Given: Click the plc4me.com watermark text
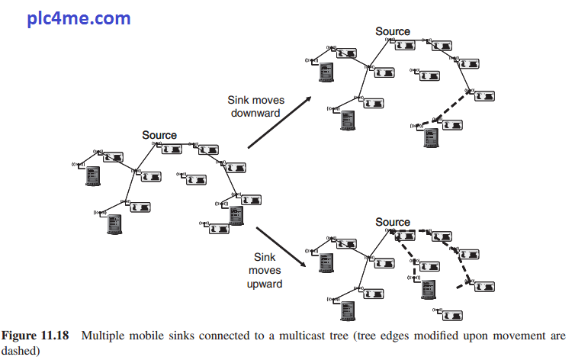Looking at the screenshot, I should (79, 18).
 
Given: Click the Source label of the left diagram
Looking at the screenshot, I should (159, 135).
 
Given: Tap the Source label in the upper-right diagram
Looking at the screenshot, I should (393, 31).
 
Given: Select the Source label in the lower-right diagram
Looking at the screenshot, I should (393, 222).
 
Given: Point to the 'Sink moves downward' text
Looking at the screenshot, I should (255, 106).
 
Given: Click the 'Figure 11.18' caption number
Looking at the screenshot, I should (38, 336).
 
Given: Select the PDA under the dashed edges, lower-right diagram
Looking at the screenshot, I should (429, 290).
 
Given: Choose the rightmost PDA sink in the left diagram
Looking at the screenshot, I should (236, 216).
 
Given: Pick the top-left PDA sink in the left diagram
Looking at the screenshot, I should (93, 176).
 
